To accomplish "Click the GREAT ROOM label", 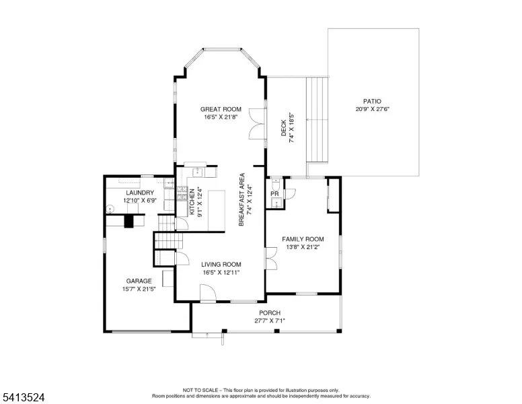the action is (221, 109).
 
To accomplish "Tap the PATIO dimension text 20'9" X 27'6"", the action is (372, 109).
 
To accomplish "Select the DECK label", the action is (284, 128).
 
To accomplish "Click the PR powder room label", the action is (274, 194).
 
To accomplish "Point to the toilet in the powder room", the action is (276, 184).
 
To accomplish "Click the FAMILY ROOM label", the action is (303, 239).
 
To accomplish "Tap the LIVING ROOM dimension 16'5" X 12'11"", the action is (221, 272).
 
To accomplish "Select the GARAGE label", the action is (139, 281).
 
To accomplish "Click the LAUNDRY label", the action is (140, 193).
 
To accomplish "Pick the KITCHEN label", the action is (192, 202).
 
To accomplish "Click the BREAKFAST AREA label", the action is (241, 199).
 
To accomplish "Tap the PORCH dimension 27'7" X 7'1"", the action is (270, 321).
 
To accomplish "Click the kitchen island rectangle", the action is (217, 210).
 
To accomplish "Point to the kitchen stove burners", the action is (182, 194).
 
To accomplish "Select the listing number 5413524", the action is (24, 397).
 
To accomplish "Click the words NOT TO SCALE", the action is (200, 390).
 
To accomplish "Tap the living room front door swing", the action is (208, 293).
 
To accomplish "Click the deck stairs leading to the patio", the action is (318, 120).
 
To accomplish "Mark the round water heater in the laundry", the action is (110, 209).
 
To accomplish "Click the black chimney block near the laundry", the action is (129, 221).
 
